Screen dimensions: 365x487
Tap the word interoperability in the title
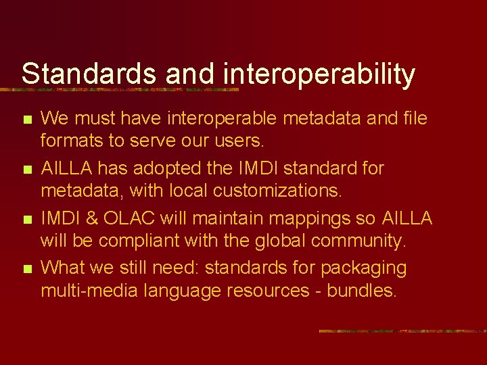click(317, 74)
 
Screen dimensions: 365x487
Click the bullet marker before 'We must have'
click(26, 120)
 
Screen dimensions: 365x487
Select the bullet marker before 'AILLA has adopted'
click(26, 170)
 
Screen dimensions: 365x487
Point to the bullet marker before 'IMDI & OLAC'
click(26, 220)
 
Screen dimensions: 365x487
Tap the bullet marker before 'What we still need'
click(26, 270)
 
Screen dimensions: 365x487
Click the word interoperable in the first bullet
click(221, 119)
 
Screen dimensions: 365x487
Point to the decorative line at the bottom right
click(402, 331)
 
